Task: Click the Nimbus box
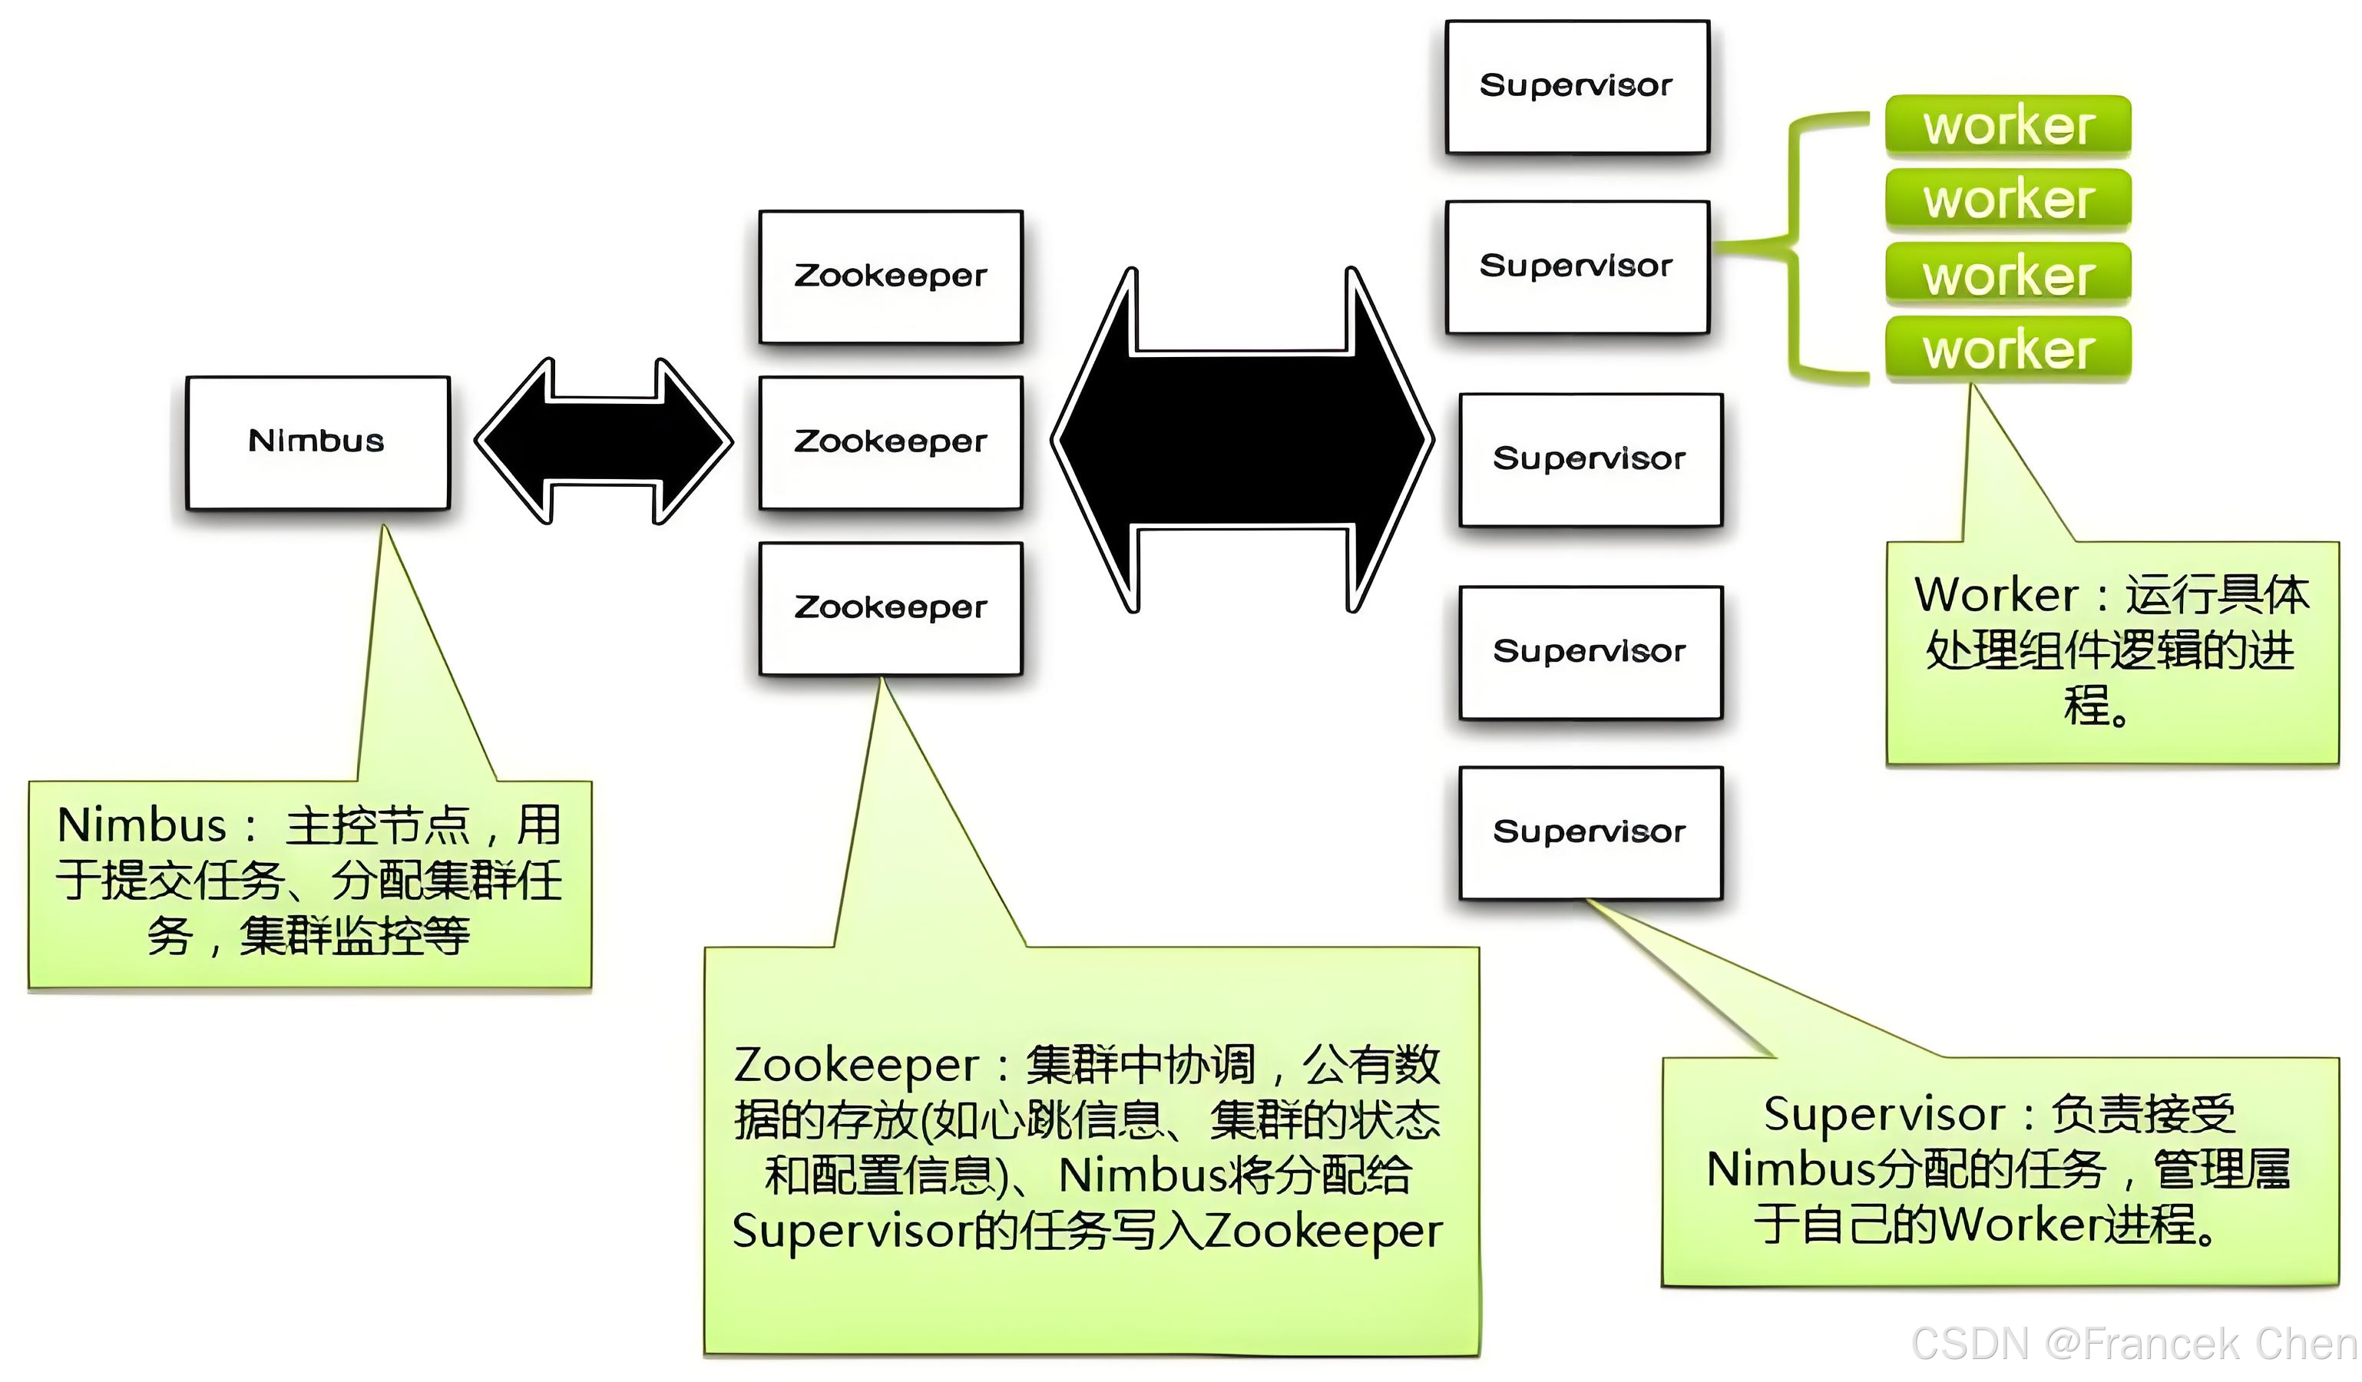tap(318, 442)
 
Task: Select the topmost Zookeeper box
tap(891, 276)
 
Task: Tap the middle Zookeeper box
tap(891, 442)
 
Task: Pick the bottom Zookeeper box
tap(891, 608)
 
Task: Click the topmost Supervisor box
tap(1576, 86)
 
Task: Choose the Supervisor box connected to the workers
tap(1576, 267)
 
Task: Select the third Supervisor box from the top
tap(1590, 459)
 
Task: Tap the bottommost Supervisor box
tap(1590, 832)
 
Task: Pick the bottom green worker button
tap(2008, 349)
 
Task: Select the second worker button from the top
tap(2008, 200)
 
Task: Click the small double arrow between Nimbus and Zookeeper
tap(604, 441)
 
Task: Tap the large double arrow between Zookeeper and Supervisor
tap(1242, 441)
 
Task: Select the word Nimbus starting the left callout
tap(141, 825)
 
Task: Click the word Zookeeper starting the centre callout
tap(855, 1066)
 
